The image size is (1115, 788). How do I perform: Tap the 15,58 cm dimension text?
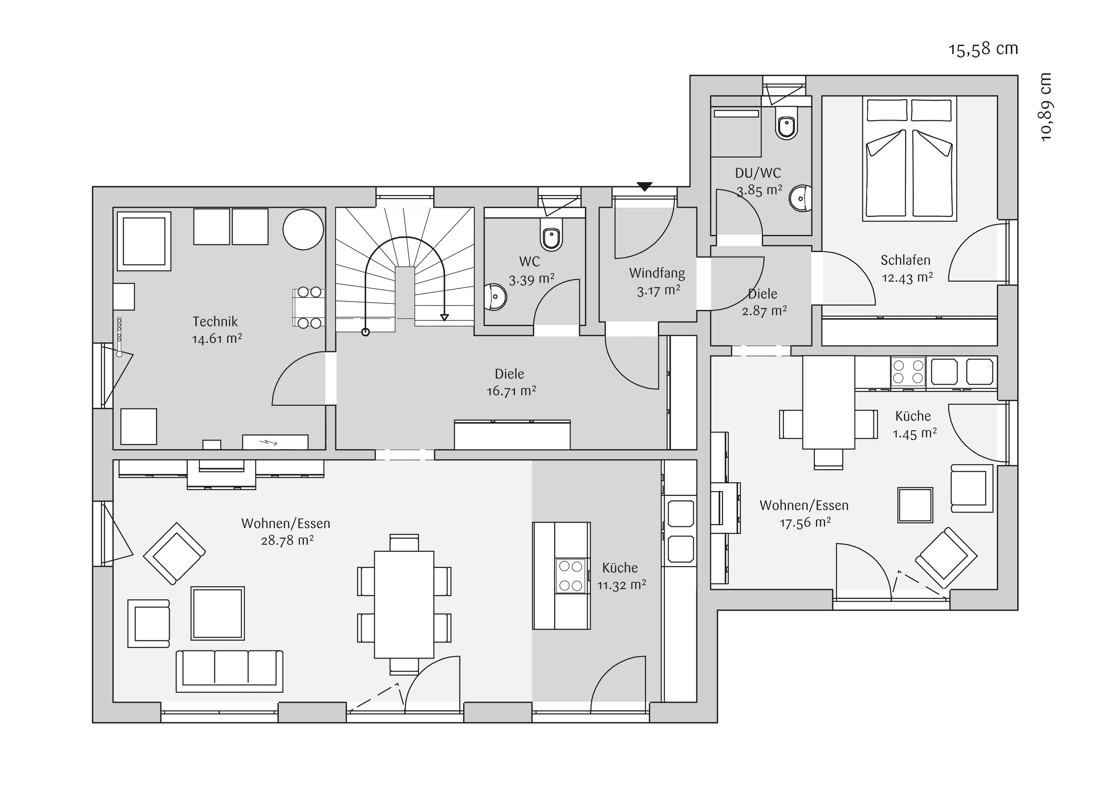(x=983, y=49)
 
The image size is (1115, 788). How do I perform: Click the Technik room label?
(x=215, y=322)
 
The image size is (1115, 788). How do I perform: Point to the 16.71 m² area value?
(x=512, y=391)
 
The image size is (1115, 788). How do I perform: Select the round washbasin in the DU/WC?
(x=801, y=198)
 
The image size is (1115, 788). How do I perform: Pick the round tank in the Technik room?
(x=303, y=229)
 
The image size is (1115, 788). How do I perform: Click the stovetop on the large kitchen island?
(x=571, y=576)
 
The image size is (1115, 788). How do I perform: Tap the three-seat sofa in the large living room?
(x=229, y=671)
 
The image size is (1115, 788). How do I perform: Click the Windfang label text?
(x=657, y=273)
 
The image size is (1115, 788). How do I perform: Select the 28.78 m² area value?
(x=287, y=540)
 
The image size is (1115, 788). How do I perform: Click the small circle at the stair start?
(x=366, y=332)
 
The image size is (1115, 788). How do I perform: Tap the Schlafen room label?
(x=906, y=260)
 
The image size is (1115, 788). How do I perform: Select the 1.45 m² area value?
(x=914, y=433)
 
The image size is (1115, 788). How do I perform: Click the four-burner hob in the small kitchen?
(x=908, y=372)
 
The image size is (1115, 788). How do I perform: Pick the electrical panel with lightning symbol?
(x=275, y=442)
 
